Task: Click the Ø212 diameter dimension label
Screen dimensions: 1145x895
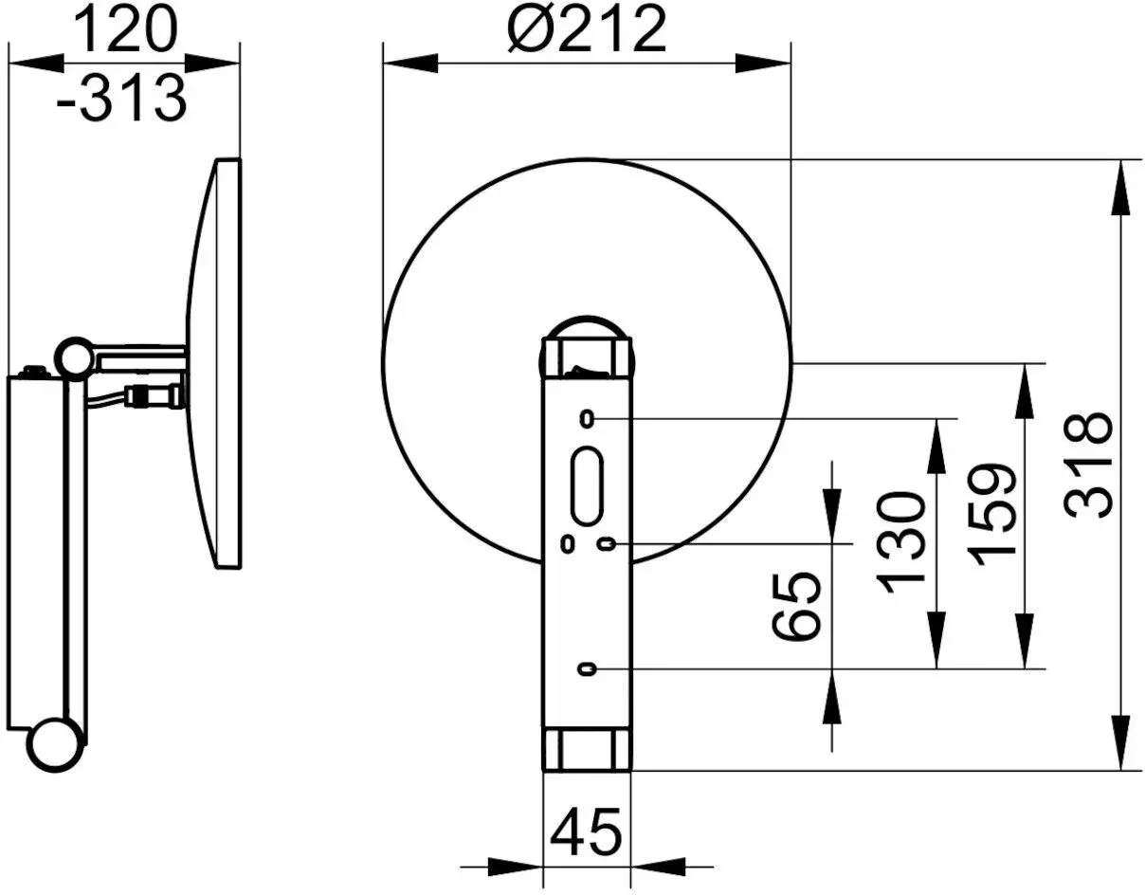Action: pos(587,30)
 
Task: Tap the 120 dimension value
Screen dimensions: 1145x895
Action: pos(124,30)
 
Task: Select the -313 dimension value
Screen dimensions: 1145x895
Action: pos(121,98)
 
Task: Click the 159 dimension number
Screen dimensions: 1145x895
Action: pos(991,515)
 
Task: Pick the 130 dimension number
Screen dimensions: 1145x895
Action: pos(900,543)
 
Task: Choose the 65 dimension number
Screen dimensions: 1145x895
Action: pos(796,606)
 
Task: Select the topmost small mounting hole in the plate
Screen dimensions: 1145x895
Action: pos(587,420)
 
